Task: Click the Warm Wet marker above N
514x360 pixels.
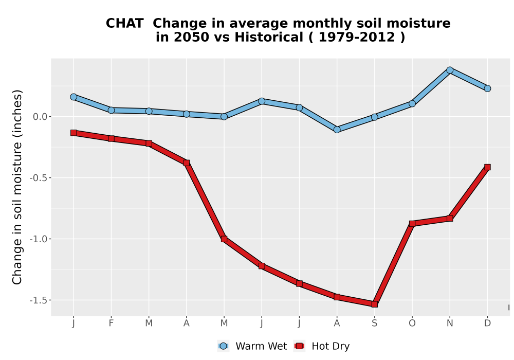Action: [450, 70]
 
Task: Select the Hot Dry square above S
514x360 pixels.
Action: [374, 304]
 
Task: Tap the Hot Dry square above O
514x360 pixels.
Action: [412, 224]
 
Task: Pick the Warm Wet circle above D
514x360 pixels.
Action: [487, 88]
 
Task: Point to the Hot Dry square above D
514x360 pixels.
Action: [487, 167]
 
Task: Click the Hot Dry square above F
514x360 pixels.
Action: [111, 139]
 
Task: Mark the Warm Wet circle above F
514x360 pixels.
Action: [111, 111]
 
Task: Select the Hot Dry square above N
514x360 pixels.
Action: [450, 219]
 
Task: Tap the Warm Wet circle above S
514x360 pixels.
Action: [374, 117]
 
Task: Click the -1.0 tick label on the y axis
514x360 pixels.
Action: [39, 239]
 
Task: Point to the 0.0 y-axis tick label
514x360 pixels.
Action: [40, 117]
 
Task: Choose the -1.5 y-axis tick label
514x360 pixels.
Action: [39, 300]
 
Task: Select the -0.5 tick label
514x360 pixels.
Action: [39, 178]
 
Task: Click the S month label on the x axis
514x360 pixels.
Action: [374, 323]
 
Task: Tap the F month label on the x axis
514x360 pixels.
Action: [111, 323]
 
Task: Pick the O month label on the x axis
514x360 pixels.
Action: [412, 323]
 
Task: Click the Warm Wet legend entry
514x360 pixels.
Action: [252, 346]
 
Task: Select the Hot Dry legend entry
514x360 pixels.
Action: [322, 346]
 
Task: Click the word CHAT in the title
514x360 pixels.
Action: [124, 24]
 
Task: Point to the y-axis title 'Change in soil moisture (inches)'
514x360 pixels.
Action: [17, 187]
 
